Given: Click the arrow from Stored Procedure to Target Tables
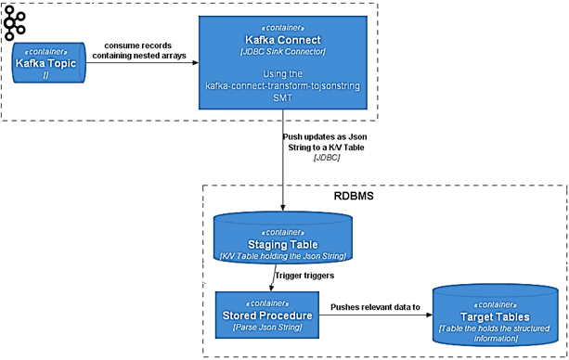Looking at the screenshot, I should point(375,315).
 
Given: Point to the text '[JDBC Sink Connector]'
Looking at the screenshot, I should point(284,52).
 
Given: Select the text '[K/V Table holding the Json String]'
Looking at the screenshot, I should point(284,254).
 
